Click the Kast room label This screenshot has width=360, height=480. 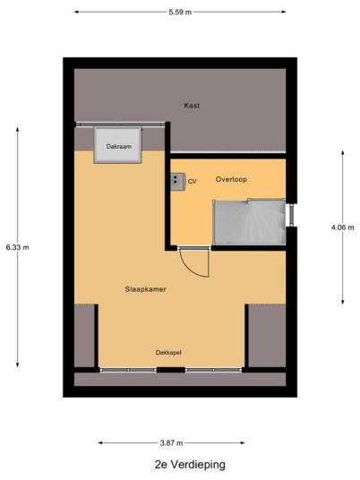pyautogui.click(x=192, y=106)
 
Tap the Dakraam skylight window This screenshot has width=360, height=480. pyautogui.click(x=118, y=145)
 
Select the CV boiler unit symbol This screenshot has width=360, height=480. pyautogui.click(x=177, y=182)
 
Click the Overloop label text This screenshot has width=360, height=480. pyautogui.click(x=231, y=179)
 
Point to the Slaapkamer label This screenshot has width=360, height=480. pyautogui.click(x=145, y=289)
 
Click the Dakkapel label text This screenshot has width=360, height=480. pyautogui.click(x=168, y=353)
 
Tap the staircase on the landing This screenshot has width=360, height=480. pyautogui.click(x=250, y=222)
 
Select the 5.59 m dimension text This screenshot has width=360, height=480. pyautogui.click(x=180, y=13)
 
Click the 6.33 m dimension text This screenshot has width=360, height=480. pyautogui.click(x=17, y=247)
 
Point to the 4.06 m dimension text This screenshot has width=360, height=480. pyautogui.click(x=343, y=227)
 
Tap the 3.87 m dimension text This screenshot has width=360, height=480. pyautogui.click(x=171, y=443)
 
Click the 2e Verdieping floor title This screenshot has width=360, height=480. pyautogui.click(x=190, y=465)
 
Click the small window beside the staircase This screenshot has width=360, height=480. pyautogui.click(x=291, y=215)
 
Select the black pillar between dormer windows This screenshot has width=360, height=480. pyautogui.click(x=171, y=370)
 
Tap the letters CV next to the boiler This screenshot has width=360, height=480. pyautogui.click(x=192, y=182)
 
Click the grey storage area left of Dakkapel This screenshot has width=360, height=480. pyautogui.click(x=84, y=336)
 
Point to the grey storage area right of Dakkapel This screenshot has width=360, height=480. pyautogui.click(x=267, y=336)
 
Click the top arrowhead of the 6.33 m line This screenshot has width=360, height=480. pyautogui.click(x=17, y=130)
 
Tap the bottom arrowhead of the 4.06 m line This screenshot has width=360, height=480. pyautogui.click(x=343, y=302)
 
